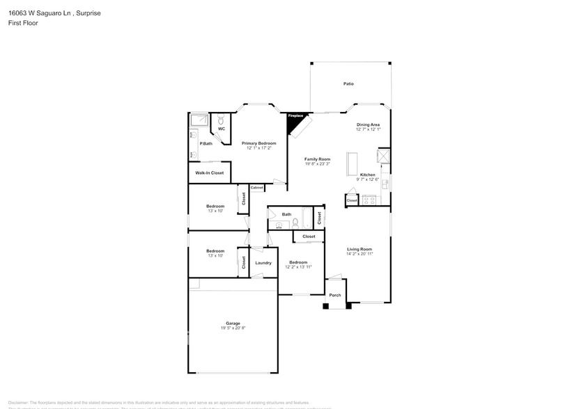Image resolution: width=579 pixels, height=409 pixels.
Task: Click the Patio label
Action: tap(348, 84)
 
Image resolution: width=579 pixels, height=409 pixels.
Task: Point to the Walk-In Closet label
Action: tap(209, 173)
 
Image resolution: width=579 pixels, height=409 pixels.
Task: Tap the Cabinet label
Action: tap(257, 188)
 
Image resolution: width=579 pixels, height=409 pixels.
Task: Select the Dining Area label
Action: tap(368, 125)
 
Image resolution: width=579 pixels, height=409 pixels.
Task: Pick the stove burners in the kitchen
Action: tap(369, 200)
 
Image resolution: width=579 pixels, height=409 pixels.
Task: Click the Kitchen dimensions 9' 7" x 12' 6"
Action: tap(368, 179)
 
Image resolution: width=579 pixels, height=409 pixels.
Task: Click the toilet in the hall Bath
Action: tap(295, 223)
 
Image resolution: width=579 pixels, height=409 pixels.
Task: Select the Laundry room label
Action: tap(263, 263)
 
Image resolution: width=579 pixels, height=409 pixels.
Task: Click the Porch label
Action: tap(335, 295)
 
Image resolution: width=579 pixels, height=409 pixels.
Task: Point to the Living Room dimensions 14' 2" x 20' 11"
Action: tap(360, 254)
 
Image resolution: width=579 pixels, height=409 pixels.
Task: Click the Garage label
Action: tap(233, 323)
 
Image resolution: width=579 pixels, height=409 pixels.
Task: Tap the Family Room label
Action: tap(317, 159)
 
